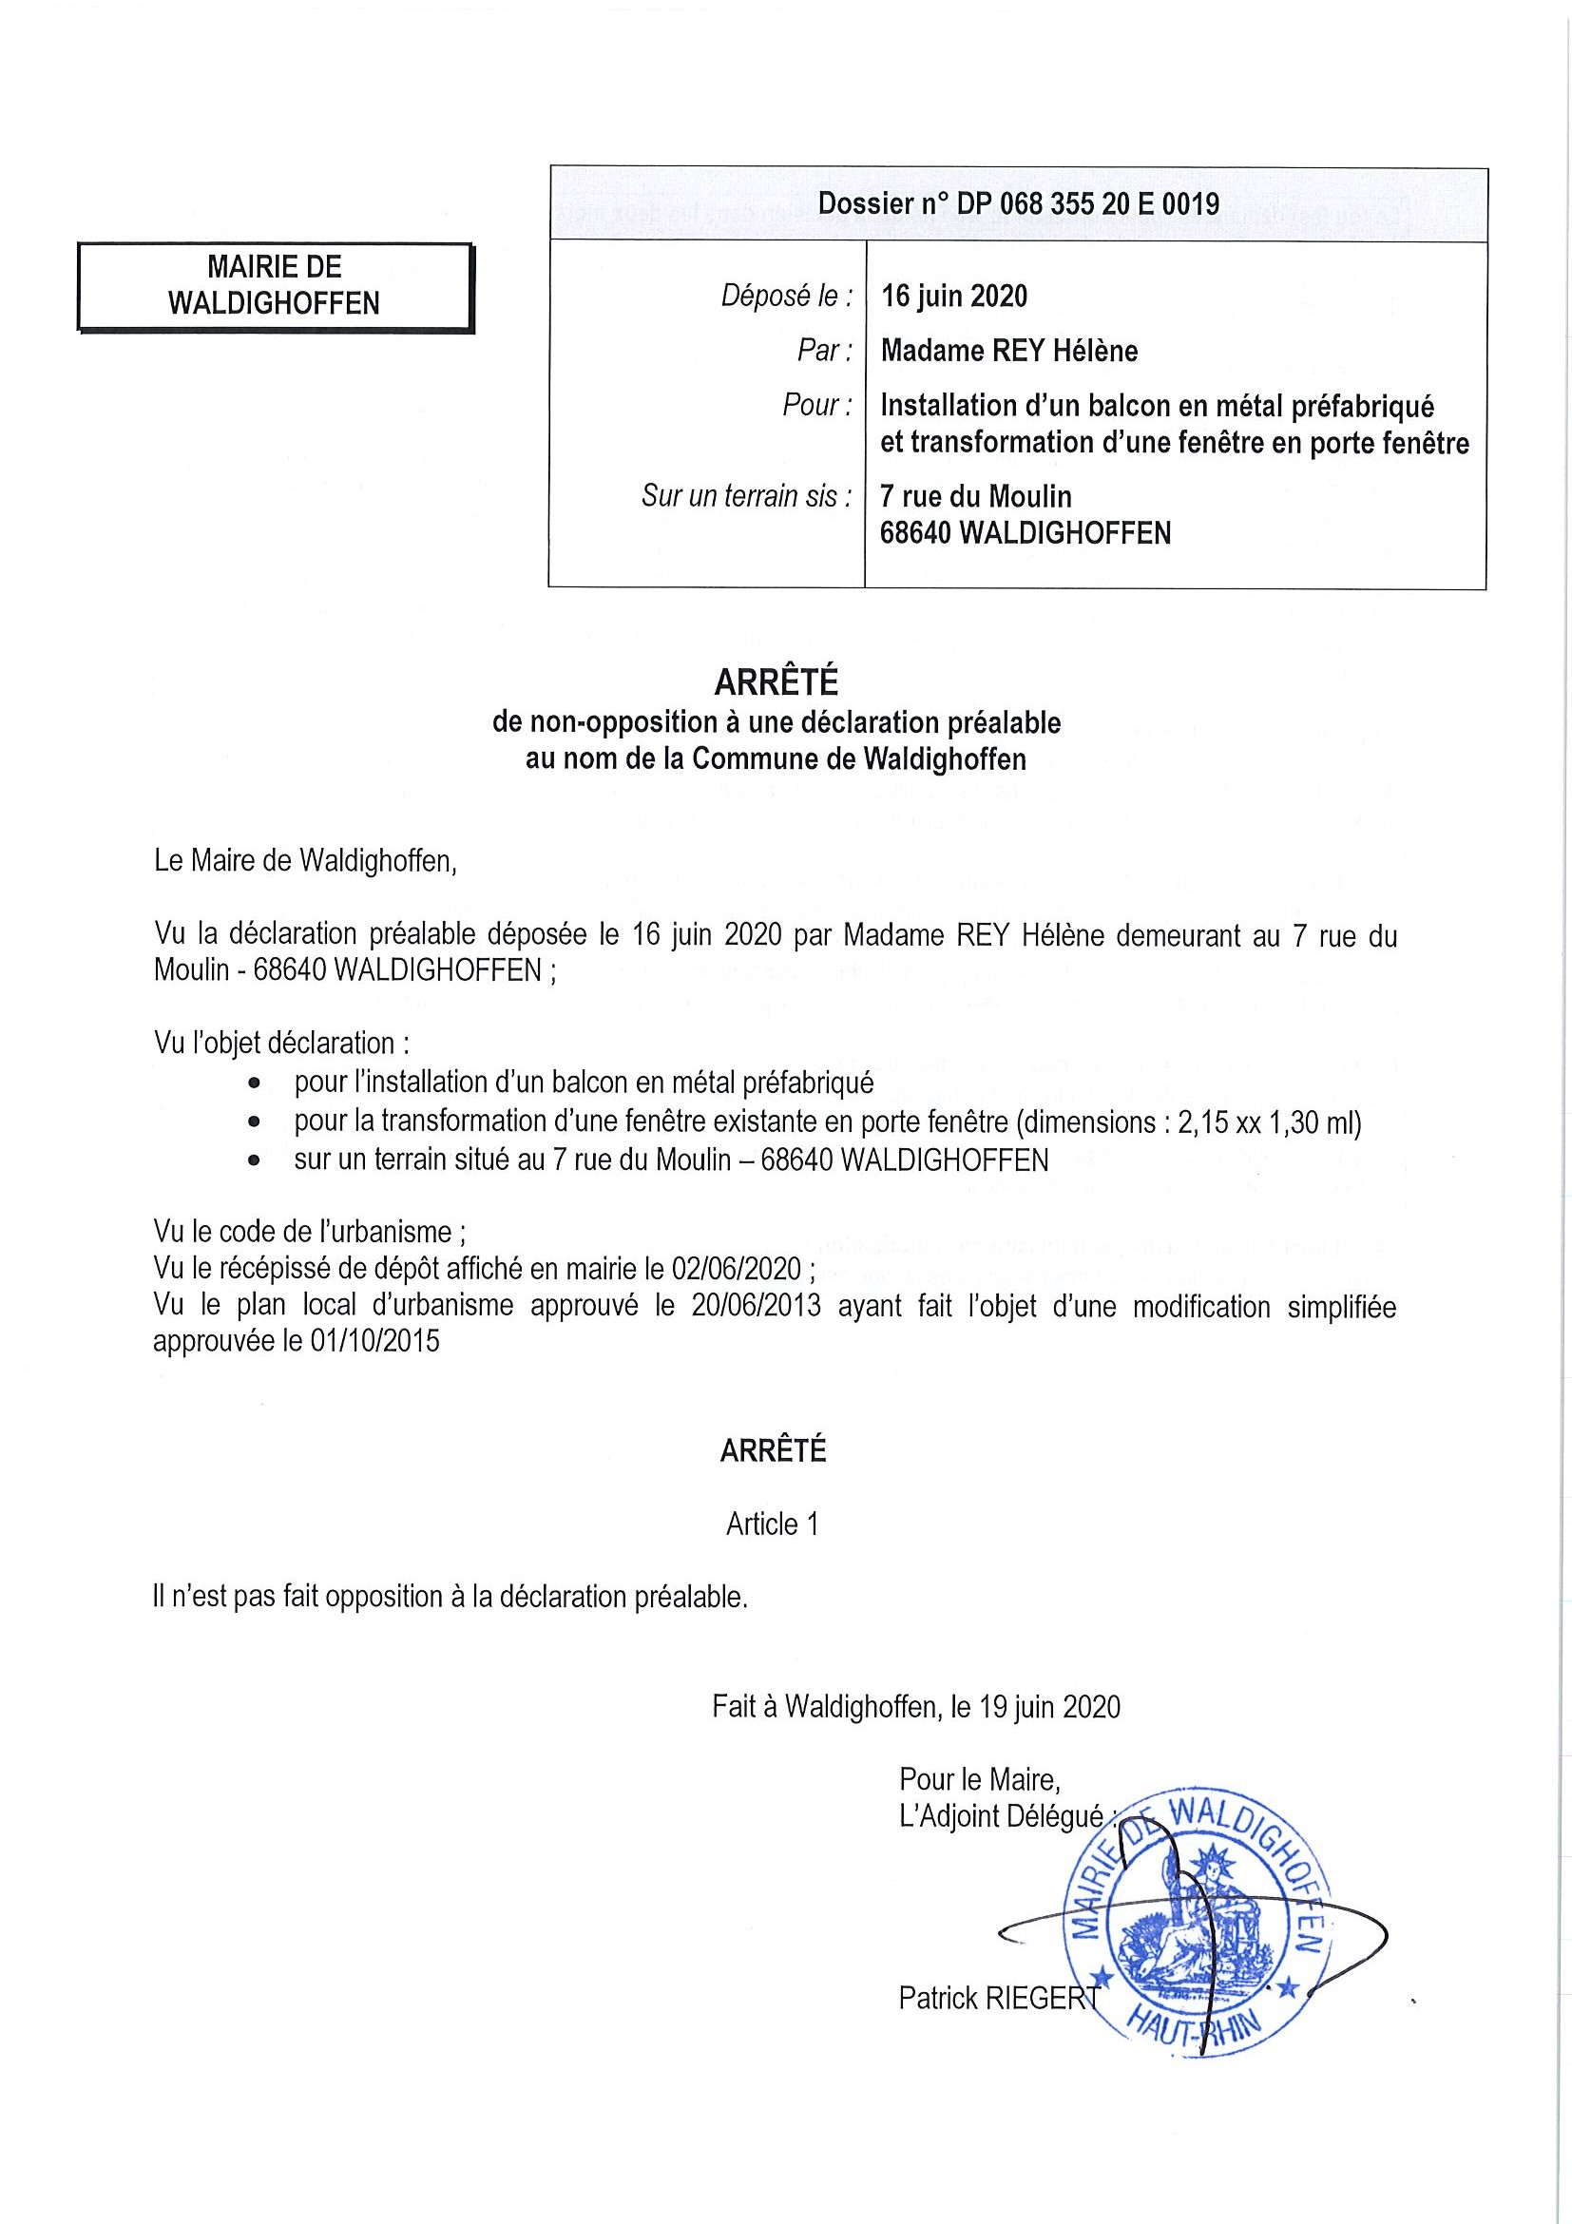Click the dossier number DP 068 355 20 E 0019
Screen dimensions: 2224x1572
pyautogui.click(x=1018, y=203)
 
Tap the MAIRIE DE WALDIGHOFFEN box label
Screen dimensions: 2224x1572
pyautogui.click(x=274, y=285)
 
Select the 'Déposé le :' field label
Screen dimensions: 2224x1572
pyautogui.click(x=787, y=296)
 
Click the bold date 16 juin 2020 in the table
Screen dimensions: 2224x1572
pyautogui.click(x=953, y=296)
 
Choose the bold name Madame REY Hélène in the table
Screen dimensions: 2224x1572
pyautogui.click(x=1008, y=351)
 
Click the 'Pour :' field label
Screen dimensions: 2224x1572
pyautogui.click(x=816, y=405)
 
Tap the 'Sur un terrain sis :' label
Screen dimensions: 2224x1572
pyautogui.click(x=746, y=497)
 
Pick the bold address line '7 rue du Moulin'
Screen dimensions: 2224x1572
pyautogui.click(x=974, y=497)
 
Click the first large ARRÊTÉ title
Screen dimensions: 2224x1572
pyautogui.click(x=775, y=683)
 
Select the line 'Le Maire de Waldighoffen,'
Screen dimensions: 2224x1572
pyautogui.click(x=305, y=860)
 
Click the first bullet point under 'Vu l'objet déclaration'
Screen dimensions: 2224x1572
pyautogui.click(x=255, y=1083)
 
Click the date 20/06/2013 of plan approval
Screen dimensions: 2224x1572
pyautogui.click(x=756, y=1306)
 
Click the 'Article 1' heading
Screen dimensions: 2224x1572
pyautogui.click(x=772, y=1524)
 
